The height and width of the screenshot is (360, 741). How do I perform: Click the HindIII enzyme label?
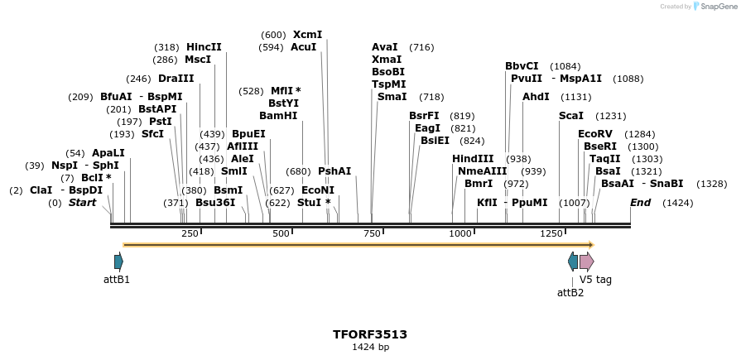pos(473,159)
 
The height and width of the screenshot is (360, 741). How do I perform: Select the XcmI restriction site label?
pos(307,35)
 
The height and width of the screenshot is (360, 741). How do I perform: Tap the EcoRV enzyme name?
pos(595,134)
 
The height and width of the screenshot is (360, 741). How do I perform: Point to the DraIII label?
pos(176,79)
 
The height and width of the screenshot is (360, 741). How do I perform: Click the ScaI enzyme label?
pos(571,116)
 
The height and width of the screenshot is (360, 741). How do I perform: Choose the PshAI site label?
pos(334,171)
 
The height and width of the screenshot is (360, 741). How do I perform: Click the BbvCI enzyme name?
pos(522,66)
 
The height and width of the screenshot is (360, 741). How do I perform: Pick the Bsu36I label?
pos(215,203)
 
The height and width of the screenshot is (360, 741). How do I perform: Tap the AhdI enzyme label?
pos(536,97)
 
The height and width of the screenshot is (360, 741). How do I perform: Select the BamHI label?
pos(278,116)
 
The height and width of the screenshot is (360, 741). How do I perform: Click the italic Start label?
pos(82,203)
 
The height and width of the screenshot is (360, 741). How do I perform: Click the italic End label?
pos(640,203)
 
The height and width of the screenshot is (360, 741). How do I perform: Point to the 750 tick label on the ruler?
pos(372,234)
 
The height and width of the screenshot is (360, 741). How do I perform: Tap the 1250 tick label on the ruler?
pos(551,234)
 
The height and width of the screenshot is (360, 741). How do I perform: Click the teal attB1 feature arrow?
pos(118,262)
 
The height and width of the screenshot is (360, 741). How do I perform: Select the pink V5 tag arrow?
pos(586,262)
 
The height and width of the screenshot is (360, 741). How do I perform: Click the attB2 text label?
pos(570,293)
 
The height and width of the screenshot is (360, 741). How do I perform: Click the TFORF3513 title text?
pos(370,334)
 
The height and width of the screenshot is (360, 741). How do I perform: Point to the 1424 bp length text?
pos(370,348)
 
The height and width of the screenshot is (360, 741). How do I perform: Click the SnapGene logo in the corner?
pos(714,7)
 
